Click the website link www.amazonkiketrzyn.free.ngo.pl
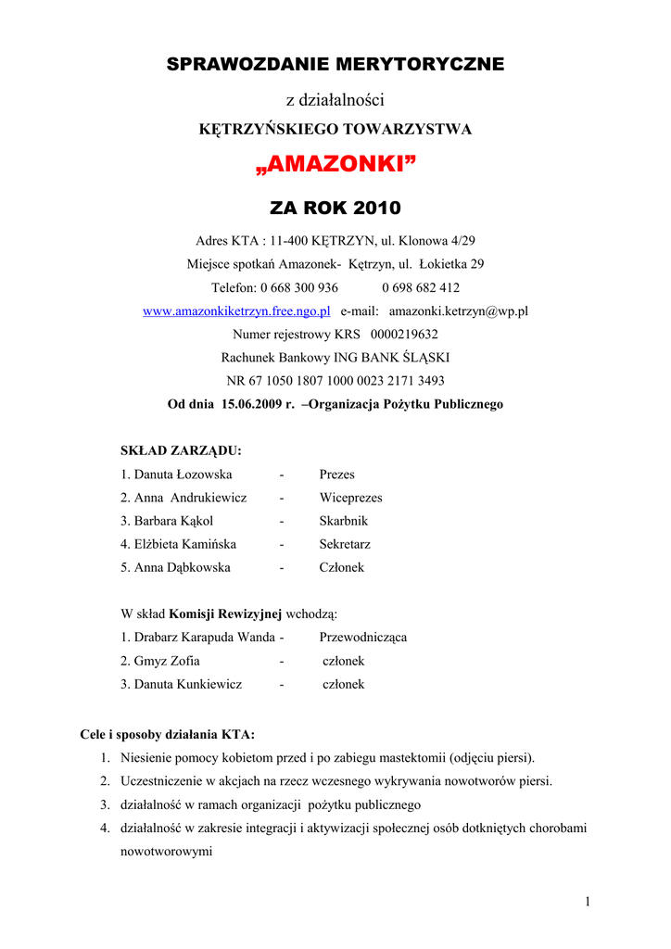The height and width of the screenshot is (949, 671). pyautogui.click(x=236, y=311)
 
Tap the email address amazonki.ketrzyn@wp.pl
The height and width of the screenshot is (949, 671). pyautogui.click(x=458, y=311)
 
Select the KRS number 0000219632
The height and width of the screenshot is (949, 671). pyautogui.click(x=404, y=335)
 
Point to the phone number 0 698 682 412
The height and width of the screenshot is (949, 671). pyautogui.click(x=420, y=287)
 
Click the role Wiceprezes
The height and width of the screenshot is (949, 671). pyautogui.click(x=350, y=498)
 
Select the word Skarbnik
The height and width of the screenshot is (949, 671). pyautogui.click(x=343, y=521)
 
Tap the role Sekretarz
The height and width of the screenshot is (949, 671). pyautogui.click(x=345, y=544)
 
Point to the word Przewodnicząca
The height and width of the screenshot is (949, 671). pyautogui.click(x=362, y=638)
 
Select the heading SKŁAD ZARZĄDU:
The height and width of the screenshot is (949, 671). pyautogui.click(x=181, y=450)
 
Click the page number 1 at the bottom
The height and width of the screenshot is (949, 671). pyautogui.click(x=588, y=902)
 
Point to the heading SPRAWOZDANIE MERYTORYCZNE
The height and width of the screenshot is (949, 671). pyautogui.click(x=335, y=64)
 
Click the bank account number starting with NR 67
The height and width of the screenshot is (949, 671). pyautogui.click(x=335, y=381)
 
